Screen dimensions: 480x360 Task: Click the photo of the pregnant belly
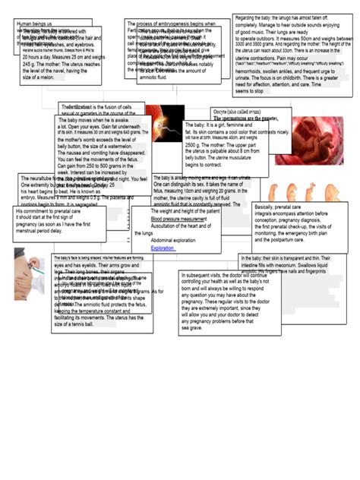click(x=29, y=267)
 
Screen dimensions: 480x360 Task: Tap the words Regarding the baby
click(x=256, y=17)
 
